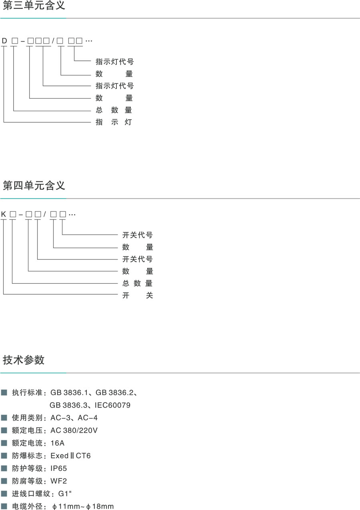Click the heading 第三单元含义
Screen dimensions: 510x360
[x=34, y=6]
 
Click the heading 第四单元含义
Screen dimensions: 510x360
[x=34, y=186]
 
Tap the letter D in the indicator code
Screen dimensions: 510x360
[x=4, y=41]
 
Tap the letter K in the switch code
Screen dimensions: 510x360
[x=4, y=215]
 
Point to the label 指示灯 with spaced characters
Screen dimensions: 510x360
[x=114, y=122]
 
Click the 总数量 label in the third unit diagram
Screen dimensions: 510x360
[x=114, y=110]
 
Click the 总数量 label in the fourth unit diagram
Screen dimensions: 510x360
[x=138, y=283]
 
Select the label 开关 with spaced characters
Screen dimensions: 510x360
[x=138, y=295]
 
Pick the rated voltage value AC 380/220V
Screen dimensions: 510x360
[x=74, y=430]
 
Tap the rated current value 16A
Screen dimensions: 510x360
[x=57, y=443]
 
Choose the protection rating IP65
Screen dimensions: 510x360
[x=58, y=468]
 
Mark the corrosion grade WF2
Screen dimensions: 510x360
[x=58, y=481]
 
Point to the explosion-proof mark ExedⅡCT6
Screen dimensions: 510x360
[x=71, y=456]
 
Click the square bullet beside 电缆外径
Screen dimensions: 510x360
[x=4, y=506]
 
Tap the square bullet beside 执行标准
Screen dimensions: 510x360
[x=4, y=392]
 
